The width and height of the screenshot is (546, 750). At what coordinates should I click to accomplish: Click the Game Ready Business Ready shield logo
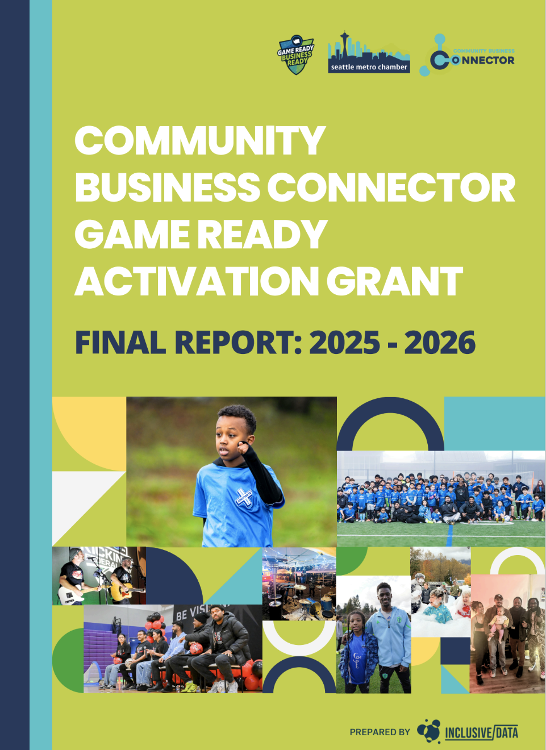point(295,55)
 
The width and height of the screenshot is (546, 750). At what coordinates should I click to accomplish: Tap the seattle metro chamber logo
point(369,54)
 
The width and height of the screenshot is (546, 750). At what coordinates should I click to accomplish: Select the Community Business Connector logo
point(468,56)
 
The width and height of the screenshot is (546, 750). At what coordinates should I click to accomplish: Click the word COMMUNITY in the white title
point(199,140)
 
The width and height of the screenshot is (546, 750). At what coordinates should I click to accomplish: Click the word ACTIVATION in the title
point(197,281)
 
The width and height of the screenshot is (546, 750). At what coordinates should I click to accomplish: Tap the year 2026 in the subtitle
point(440,343)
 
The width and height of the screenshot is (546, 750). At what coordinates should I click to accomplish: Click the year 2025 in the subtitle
point(344,343)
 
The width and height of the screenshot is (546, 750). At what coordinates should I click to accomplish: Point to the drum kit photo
point(299,584)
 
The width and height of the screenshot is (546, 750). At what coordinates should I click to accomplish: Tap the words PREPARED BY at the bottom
point(380,732)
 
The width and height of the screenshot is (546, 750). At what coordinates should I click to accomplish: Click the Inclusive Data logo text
point(481,732)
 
